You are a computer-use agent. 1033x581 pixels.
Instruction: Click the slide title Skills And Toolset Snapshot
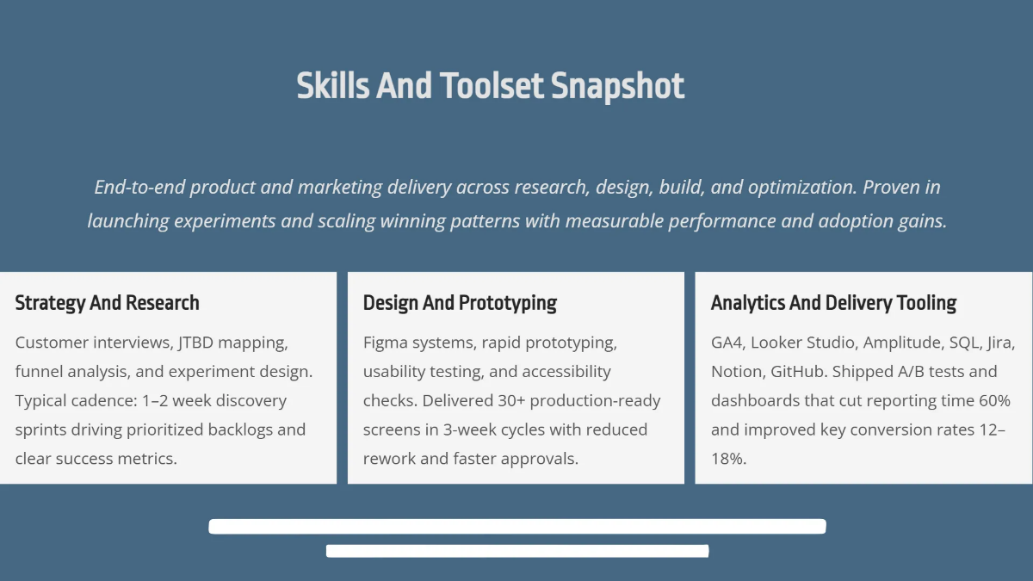click(x=491, y=86)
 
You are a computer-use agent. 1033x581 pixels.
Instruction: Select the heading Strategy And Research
click(x=108, y=303)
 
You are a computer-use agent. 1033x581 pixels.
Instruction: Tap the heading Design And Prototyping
click(x=460, y=303)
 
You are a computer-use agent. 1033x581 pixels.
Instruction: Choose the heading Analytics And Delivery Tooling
click(x=833, y=303)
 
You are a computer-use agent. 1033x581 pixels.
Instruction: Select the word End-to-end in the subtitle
click(x=139, y=188)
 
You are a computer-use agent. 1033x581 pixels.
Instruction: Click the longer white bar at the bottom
click(x=517, y=526)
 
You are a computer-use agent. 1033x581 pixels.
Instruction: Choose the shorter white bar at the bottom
click(x=517, y=551)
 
